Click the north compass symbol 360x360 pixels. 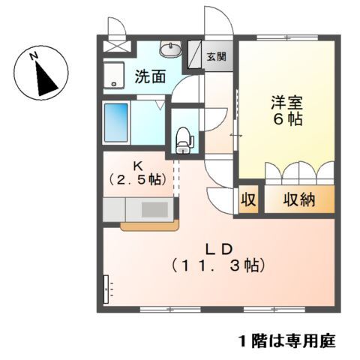point(41,73)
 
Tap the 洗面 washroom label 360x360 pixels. point(150,76)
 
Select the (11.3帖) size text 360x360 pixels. point(218,265)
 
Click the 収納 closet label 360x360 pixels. point(298,200)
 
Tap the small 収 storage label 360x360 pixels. point(248,200)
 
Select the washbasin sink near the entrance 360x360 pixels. point(171,49)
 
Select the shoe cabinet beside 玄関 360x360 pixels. point(193,55)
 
